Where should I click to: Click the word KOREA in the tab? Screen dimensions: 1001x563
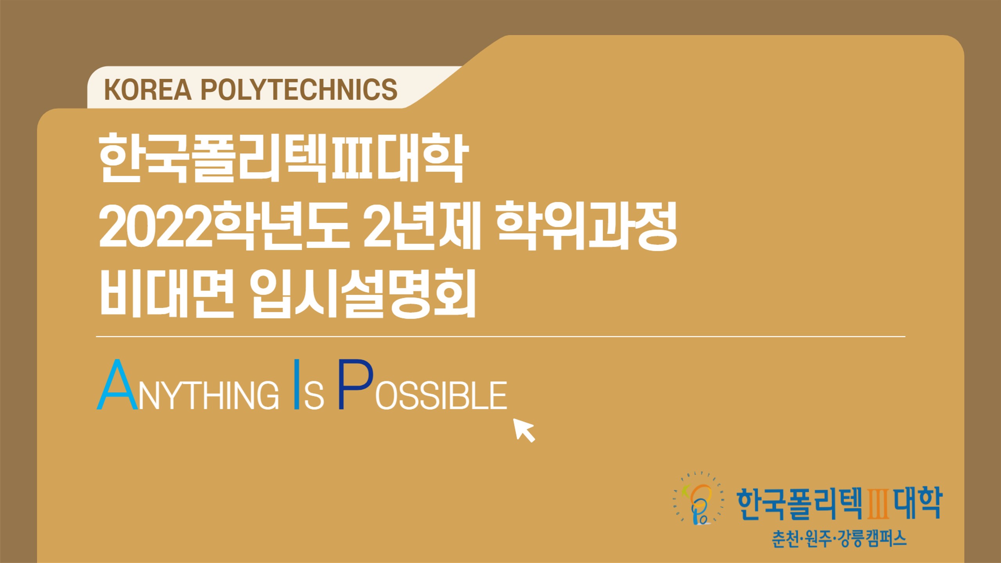(x=148, y=90)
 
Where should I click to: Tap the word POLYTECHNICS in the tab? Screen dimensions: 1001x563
(x=299, y=90)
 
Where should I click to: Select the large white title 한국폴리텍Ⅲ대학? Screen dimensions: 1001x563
(x=283, y=158)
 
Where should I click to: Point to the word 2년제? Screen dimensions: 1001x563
(x=422, y=226)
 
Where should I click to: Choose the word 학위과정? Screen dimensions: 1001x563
(x=587, y=226)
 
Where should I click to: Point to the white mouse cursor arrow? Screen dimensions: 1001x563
(x=524, y=430)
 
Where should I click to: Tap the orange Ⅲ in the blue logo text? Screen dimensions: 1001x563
(x=877, y=504)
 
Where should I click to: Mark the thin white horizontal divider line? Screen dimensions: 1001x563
(x=500, y=336)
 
